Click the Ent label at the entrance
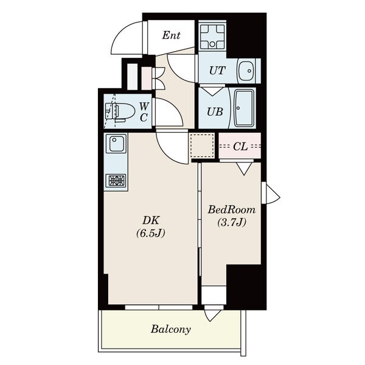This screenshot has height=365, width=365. pos(171,35)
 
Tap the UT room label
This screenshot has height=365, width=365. pos(217,71)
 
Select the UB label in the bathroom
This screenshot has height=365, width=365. pos(215,112)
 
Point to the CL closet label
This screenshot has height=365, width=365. pos(240,147)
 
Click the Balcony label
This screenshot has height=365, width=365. pos(171,329)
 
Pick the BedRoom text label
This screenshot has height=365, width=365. pos(232,210)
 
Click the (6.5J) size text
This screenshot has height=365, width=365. pos(151,233)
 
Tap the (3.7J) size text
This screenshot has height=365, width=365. pos(232,223)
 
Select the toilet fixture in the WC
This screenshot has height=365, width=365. pos(120,111)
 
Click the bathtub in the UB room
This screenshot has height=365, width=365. pos(243,108)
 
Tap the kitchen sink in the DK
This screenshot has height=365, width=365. pos(116,144)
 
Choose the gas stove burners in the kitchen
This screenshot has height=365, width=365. pos(116,180)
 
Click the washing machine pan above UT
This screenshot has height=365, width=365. pos(212,36)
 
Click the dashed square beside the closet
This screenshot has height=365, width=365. pos(203,146)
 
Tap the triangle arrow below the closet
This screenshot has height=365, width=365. pos(244,169)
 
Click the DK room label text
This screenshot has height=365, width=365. pos(151,220)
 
